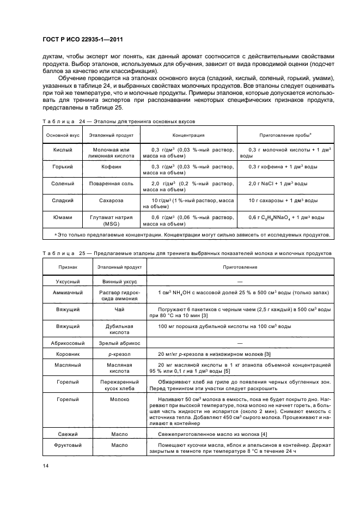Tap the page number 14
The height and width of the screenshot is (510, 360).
tap(45, 465)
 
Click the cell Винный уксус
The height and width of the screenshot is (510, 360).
tap(120, 281)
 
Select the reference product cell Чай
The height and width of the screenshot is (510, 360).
tap(120, 308)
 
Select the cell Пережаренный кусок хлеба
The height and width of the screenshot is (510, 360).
tap(120, 385)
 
